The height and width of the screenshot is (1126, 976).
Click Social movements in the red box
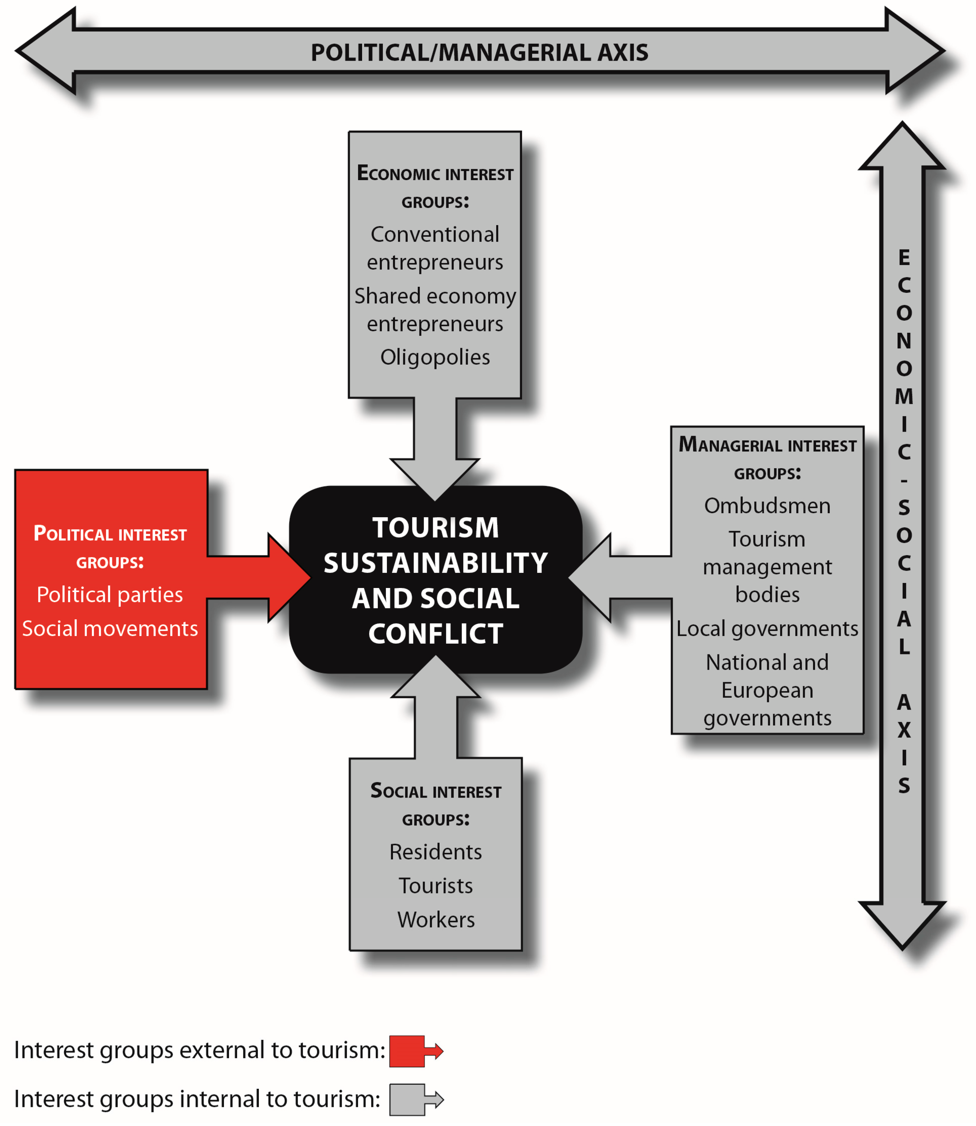(x=110, y=629)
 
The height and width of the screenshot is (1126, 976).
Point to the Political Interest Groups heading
(x=110, y=547)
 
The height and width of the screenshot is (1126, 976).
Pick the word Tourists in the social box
(x=436, y=886)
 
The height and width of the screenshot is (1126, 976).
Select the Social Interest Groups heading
(x=436, y=805)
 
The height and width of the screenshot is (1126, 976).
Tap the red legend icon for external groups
(x=415, y=1051)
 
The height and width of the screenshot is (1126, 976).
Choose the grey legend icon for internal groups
(x=415, y=1099)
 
